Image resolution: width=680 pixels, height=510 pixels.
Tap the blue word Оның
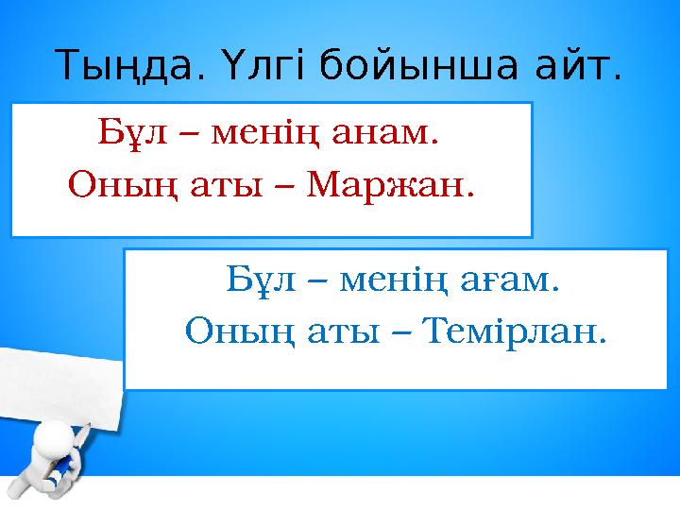pos(228,331)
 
